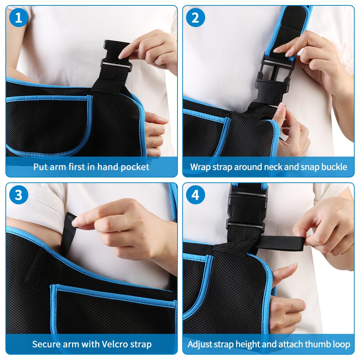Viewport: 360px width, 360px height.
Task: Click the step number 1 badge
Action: (x=18, y=18)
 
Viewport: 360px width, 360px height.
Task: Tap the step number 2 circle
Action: (x=195, y=18)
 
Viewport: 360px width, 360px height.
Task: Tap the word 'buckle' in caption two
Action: (x=334, y=167)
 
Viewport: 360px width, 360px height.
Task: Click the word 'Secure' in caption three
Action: (x=46, y=344)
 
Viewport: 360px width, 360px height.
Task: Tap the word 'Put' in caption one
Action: (x=40, y=167)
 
